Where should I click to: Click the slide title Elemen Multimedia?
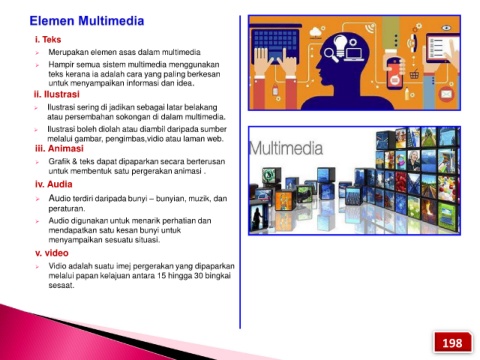pos(87,21)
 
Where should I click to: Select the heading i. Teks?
pos(48,40)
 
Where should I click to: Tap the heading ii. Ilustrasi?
pos(57,94)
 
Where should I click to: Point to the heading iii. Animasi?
pos(59,148)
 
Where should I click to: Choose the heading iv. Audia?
pos(54,184)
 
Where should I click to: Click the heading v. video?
pos(52,253)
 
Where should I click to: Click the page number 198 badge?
pos(452,342)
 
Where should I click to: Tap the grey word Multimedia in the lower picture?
pos(286,148)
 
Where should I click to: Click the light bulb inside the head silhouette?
pos(340,45)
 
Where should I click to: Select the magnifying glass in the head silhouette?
pos(330,55)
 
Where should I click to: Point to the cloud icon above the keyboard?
pos(315,33)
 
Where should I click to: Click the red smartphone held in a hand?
pos(395,74)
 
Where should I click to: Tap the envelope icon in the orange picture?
pos(446,94)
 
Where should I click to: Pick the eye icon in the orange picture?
pos(446,28)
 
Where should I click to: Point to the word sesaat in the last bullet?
pos(61,285)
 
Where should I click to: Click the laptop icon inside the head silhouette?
pos(354,54)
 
